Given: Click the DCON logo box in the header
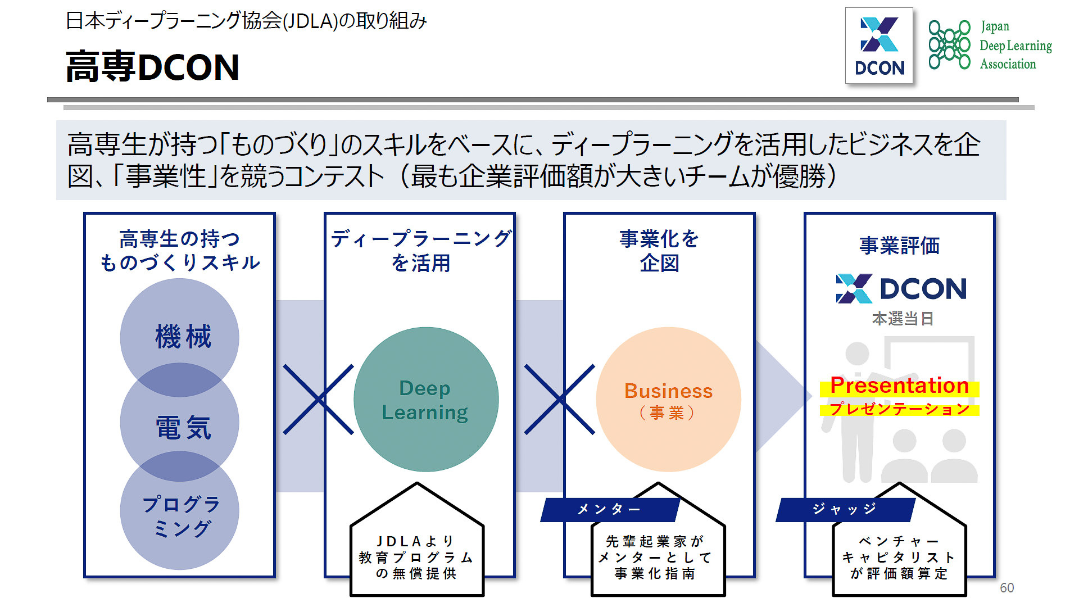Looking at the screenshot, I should coord(879,46).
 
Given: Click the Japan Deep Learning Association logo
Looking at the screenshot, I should coord(990,45).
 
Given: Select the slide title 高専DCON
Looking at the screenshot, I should coord(153,67).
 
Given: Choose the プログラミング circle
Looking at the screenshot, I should coord(180,516).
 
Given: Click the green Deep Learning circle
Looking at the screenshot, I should coord(426,400).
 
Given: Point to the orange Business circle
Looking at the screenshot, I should coord(668,400).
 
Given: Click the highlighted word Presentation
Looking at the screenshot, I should coord(899,386).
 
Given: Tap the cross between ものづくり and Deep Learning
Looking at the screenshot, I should coord(319,400).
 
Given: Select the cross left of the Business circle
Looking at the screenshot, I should coord(560,400).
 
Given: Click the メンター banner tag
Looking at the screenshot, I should coord(609,509).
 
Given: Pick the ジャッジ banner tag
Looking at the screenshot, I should coord(845,509).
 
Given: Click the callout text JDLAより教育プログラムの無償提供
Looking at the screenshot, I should coord(416,557).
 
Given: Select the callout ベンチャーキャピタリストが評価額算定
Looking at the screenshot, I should coord(899,557).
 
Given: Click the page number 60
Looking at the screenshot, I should coord(1007,588).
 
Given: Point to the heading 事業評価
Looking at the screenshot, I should coord(899,246).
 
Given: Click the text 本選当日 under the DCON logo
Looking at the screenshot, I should coord(903,319).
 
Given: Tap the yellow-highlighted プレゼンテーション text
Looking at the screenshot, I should coord(899,409).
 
